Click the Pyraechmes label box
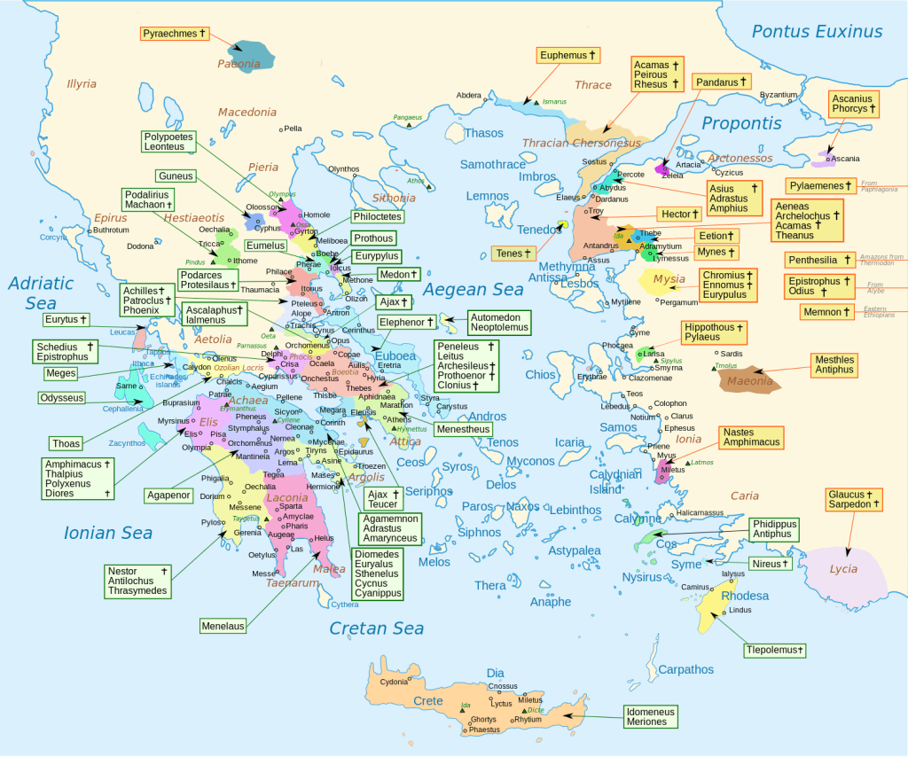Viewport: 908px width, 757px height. [175, 35]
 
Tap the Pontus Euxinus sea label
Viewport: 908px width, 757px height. [817, 32]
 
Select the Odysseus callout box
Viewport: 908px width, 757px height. [62, 398]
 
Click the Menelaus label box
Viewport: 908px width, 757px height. [222, 626]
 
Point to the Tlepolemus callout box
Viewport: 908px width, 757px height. [775, 651]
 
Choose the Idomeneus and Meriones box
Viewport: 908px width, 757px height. [650, 716]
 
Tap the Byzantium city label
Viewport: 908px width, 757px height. [779, 95]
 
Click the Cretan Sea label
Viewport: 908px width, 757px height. [377, 628]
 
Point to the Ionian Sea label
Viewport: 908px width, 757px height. [108, 533]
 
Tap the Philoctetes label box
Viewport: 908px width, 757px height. [377, 216]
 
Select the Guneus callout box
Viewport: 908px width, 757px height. [175, 176]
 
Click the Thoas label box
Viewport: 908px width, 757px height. [66, 443]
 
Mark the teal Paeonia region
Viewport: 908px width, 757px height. [251, 55]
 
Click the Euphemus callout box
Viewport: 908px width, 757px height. [568, 55]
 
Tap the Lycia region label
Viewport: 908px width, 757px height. [843, 569]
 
